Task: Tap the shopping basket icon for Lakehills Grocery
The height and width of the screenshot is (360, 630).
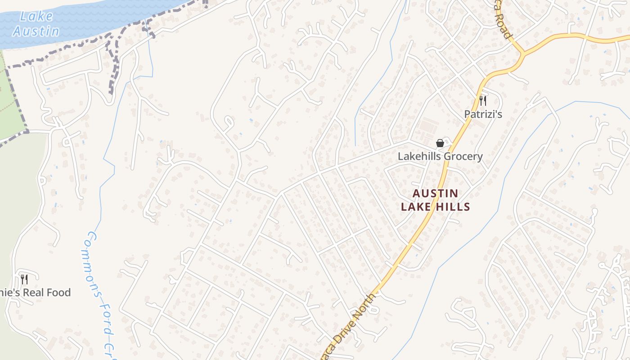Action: (x=440, y=143)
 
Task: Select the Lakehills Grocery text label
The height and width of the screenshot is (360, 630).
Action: (x=440, y=157)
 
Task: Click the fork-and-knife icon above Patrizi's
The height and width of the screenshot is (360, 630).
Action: (x=483, y=100)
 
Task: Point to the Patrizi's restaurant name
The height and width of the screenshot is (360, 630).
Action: (x=483, y=114)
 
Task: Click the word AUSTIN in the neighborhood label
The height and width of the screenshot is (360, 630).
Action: (x=436, y=193)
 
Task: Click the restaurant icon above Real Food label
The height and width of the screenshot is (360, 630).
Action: (x=24, y=279)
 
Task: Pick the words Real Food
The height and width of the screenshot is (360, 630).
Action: (x=47, y=292)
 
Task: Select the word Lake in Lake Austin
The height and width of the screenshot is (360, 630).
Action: (x=36, y=17)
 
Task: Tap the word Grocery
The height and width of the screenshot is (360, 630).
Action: (x=462, y=157)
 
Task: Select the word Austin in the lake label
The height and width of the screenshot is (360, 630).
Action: (x=36, y=31)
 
